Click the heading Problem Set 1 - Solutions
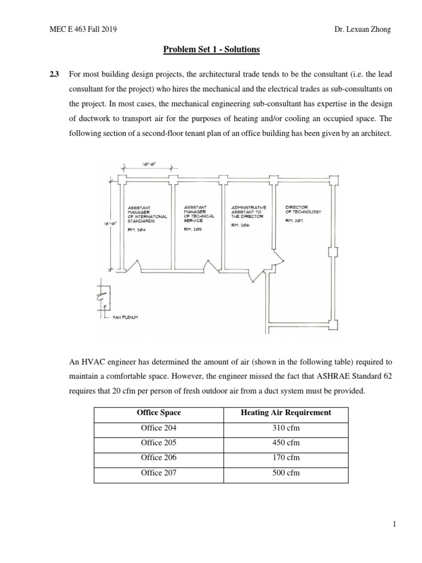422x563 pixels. coord(211,50)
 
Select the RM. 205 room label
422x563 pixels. coord(193,229)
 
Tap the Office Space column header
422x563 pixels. coord(159,412)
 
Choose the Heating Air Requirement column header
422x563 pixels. coord(286,412)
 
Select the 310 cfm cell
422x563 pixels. coord(286,428)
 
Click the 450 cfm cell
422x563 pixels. coord(286,443)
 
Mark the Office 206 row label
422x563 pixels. coord(159,457)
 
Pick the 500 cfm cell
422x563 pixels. coord(286,473)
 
